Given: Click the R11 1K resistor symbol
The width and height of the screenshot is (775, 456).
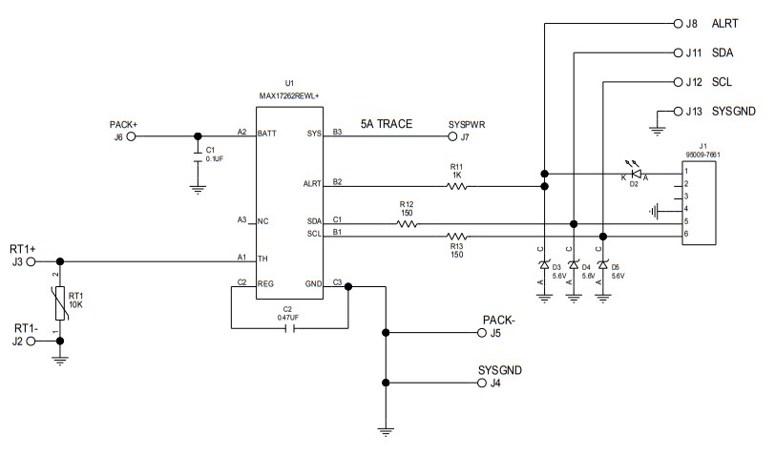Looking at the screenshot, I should click(456, 187).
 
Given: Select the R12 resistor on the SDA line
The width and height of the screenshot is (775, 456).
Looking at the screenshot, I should click(407, 225).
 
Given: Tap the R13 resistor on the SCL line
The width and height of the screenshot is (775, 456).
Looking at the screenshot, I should click(457, 236).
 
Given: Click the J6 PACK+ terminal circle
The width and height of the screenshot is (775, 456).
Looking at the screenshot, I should click(132, 136).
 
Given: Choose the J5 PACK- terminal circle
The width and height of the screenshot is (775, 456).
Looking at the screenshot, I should click(481, 333).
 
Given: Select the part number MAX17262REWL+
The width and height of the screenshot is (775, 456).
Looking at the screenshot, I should click(290, 95).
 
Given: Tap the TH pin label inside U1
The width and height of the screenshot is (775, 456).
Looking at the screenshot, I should click(262, 259).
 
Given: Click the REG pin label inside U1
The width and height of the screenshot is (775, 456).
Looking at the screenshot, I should click(265, 284).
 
